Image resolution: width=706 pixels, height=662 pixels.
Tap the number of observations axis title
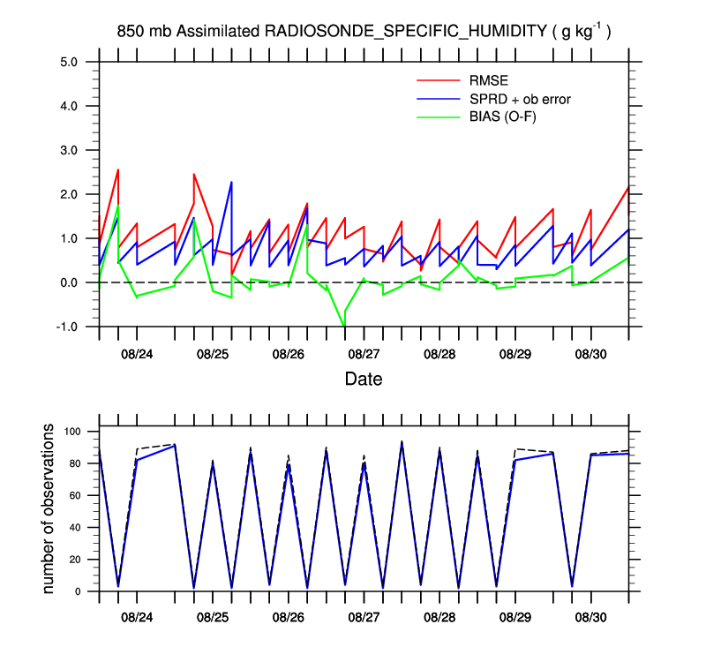pyautogui.click(x=49, y=508)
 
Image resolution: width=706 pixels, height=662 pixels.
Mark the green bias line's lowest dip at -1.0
pyautogui.click(x=344, y=326)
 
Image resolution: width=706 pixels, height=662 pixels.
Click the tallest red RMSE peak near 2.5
pyautogui.click(x=118, y=169)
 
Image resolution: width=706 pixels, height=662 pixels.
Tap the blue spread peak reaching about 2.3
pyautogui.click(x=231, y=182)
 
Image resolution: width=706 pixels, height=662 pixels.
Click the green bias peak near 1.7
pyautogui.click(x=118, y=206)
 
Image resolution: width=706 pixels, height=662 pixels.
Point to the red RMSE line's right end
pyautogui.click(x=628, y=186)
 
